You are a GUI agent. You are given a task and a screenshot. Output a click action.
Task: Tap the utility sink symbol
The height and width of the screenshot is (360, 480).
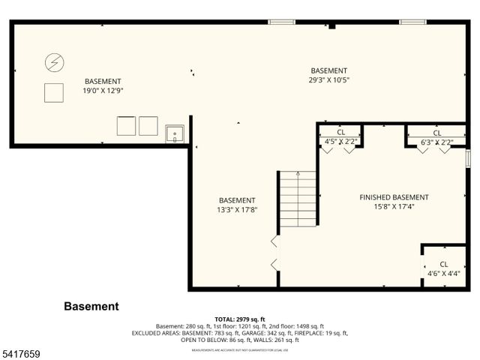click(175, 133)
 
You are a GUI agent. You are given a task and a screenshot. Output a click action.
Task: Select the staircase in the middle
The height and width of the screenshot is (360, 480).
click(298, 199)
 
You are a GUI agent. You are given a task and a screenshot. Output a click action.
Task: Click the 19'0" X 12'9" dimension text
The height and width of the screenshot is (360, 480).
click(103, 91)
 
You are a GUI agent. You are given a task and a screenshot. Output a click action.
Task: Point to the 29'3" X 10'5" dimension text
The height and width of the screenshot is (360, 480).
click(328, 80)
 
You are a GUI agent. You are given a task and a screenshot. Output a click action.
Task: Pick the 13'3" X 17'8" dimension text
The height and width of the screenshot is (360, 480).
click(237, 210)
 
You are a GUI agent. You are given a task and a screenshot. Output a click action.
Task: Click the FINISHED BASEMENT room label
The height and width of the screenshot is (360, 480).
click(394, 197)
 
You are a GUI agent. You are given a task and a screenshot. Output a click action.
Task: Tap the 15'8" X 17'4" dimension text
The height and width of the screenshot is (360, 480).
click(394, 207)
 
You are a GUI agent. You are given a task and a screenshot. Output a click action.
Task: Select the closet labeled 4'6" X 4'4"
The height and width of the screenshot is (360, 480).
click(443, 268)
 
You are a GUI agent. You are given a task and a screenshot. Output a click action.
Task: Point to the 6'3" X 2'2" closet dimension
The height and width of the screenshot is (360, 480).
click(436, 142)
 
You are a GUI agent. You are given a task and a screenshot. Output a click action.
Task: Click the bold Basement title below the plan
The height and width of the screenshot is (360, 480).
click(91, 306)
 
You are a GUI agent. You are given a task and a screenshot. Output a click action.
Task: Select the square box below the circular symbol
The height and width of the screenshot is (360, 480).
click(54, 91)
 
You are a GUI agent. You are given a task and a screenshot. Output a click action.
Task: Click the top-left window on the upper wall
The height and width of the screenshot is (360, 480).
click(281, 22)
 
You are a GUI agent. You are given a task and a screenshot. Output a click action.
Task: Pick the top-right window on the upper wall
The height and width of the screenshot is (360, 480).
click(412, 22)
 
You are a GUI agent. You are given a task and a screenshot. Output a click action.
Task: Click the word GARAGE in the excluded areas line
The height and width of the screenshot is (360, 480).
click(240, 333)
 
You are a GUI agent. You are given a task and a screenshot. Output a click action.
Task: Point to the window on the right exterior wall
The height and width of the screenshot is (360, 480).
click(467, 159)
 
